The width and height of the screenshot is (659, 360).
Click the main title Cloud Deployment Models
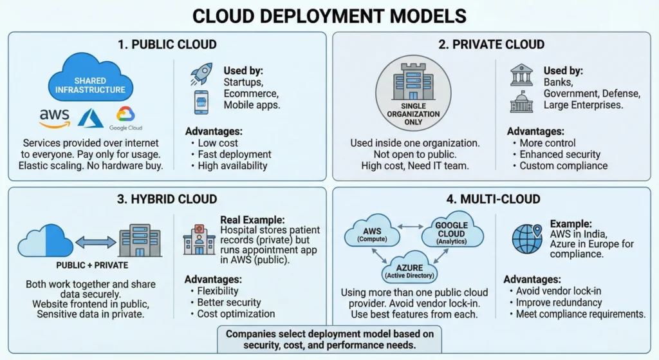(x=329, y=15)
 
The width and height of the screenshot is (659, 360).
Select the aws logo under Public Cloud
(x=54, y=117)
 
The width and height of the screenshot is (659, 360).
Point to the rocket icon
(x=201, y=73)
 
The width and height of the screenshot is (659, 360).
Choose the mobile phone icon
(x=201, y=102)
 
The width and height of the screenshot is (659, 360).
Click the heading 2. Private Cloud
(x=494, y=44)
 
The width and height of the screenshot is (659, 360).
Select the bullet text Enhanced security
(x=559, y=155)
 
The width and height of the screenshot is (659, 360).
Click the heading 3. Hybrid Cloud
(x=167, y=199)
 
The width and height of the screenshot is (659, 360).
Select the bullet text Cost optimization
(x=236, y=314)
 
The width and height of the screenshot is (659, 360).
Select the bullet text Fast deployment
(x=234, y=155)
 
